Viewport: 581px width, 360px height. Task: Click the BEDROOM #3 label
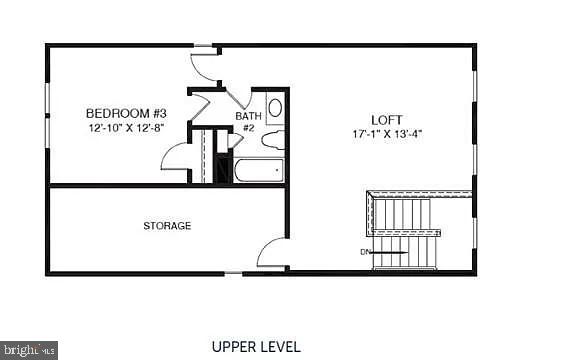126,113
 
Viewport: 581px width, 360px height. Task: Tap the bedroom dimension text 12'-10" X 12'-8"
126,128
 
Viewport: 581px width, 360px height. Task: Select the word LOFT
387,118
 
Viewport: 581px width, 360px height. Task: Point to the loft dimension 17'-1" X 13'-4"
387,133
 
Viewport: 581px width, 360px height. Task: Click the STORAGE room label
167,226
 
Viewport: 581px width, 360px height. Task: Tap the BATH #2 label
247,121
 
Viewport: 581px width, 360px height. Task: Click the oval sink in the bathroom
275,108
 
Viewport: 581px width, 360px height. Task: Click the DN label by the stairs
366,251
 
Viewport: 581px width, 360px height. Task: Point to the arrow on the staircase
390,252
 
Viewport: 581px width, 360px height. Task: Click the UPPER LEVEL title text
257,347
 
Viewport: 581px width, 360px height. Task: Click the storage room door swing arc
271,252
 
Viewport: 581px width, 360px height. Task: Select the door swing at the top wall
205,66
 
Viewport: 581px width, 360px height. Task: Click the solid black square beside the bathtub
222,169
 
